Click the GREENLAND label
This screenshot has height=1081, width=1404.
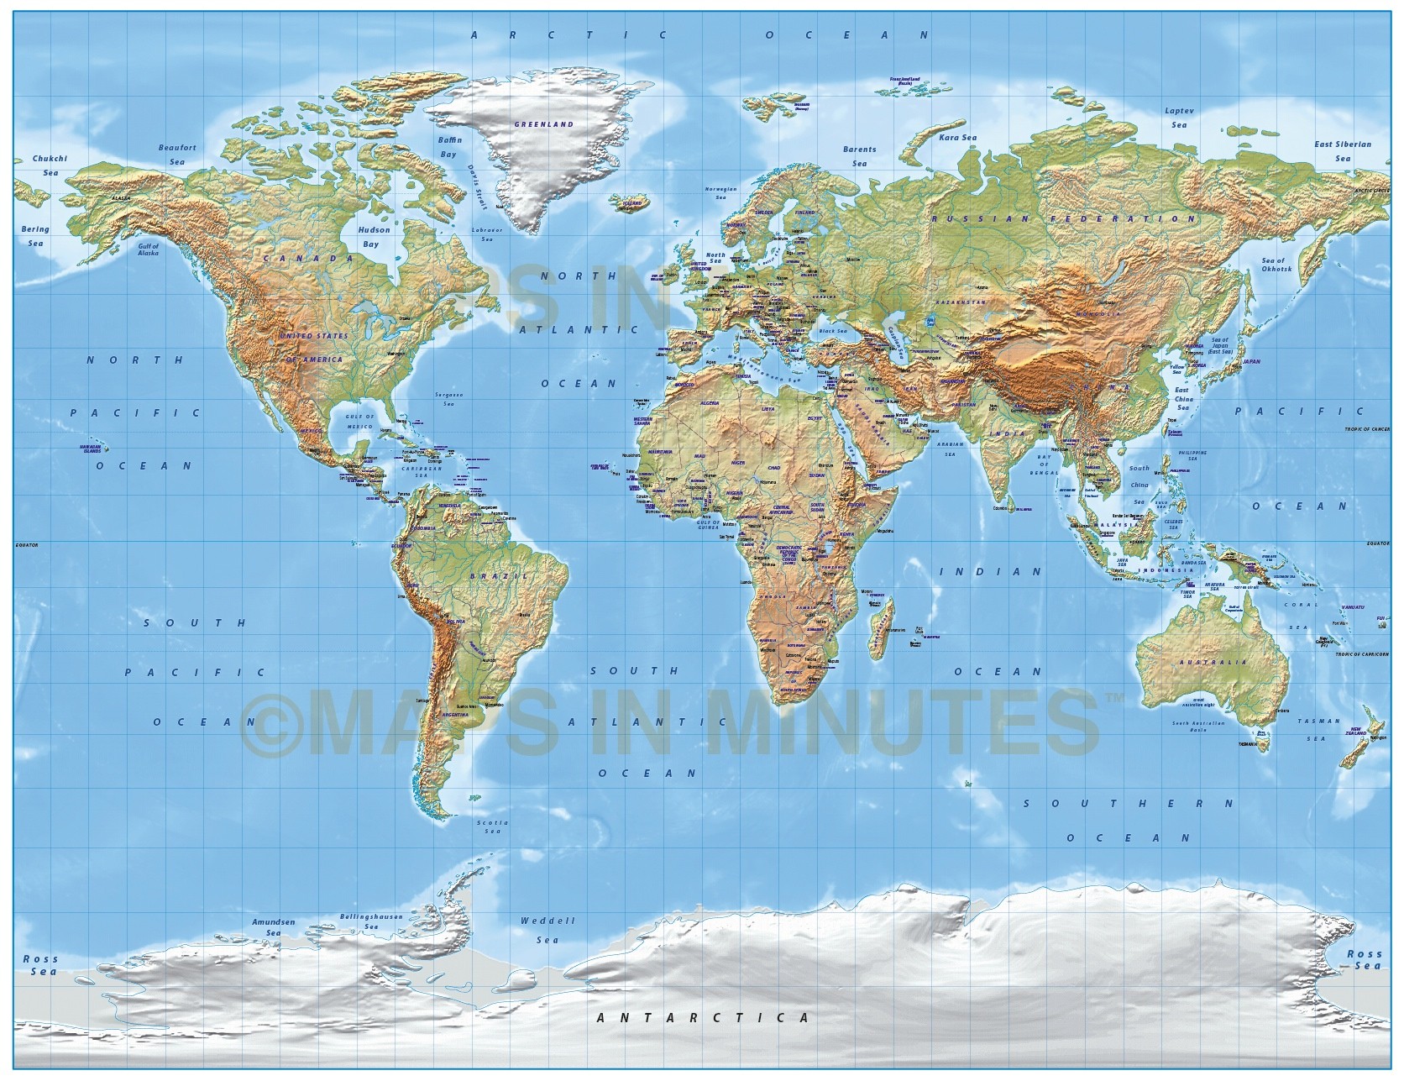coord(543,124)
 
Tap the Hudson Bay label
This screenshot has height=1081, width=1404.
coord(374,236)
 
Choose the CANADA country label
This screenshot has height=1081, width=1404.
coord(309,259)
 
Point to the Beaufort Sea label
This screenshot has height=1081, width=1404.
coord(177,155)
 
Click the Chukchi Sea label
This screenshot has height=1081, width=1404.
coord(50,165)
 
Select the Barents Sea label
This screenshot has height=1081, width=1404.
coord(859,156)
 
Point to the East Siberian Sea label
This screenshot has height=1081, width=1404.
coord(1343,150)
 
